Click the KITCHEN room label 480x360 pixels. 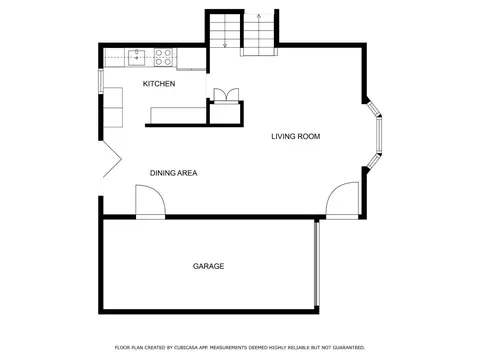pyautogui.click(x=159, y=84)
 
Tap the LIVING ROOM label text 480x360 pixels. pyautogui.click(x=296, y=136)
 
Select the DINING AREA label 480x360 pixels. pyautogui.click(x=174, y=173)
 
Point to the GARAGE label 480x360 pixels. pyautogui.click(x=208, y=266)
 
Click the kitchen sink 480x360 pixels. pyautogui.click(x=137, y=57)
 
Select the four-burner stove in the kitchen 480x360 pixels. pyautogui.click(x=164, y=57)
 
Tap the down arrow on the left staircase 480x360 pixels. pyautogui.click(x=225, y=30)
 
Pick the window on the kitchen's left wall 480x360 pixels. pyautogui.click(x=100, y=80)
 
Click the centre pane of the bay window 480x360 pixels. pyautogui.click(x=379, y=134)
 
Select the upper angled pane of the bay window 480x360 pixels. pyautogui.click(x=373, y=109)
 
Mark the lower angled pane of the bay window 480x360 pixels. pyautogui.click(x=373, y=160)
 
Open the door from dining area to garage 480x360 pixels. pyautogui.click(x=150, y=201)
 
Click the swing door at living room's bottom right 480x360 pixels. pyautogui.click(x=342, y=200)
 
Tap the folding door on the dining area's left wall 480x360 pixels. pyautogui.click(x=112, y=160)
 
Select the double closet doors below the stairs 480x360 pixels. pyautogui.click(x=226, y=95)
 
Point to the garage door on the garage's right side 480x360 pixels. pyautogui.click(x=317, y=264)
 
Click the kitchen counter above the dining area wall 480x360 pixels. pyautogui.click(x=178, y=116)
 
